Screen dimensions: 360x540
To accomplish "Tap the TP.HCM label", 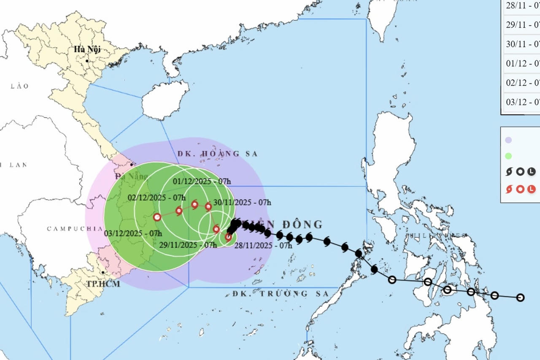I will pos(103,284).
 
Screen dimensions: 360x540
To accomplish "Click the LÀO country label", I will pos(20,86).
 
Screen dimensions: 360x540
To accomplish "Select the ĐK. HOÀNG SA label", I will pos(217,154).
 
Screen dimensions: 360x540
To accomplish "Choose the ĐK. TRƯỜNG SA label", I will pos(280,294).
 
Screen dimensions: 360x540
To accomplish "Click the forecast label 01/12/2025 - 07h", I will pos(202,181).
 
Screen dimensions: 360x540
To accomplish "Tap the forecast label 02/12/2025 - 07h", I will pos(157,198).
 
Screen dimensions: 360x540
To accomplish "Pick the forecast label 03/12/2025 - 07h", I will pos(133,233).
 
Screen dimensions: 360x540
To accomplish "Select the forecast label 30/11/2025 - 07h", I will pos(242,202).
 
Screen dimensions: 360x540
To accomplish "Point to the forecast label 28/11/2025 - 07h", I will pos(263,246).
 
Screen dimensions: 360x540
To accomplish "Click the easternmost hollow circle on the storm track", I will pos(520,298).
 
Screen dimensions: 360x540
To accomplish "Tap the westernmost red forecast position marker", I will pos(157,217).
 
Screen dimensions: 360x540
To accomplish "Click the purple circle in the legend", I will pos(508,140).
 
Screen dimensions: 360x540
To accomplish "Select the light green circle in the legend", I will pos(508,156).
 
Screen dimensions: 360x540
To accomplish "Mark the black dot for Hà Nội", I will pos(87,61).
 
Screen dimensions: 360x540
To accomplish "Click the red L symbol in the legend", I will pos(532,189).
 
